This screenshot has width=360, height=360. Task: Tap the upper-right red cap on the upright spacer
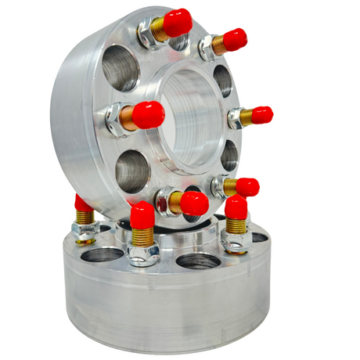coord(233,38)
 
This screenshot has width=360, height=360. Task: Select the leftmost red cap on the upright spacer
coord(147,115)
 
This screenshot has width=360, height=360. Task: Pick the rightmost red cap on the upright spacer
coord(261,115)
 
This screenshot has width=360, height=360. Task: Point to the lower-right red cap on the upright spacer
coord(246,186)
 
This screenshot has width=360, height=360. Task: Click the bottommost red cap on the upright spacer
coord(193,203)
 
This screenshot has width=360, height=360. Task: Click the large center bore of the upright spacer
coord(191,117)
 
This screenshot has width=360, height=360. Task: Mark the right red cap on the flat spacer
coord(236,207)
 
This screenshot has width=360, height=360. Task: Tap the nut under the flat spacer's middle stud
coord(143,252)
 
